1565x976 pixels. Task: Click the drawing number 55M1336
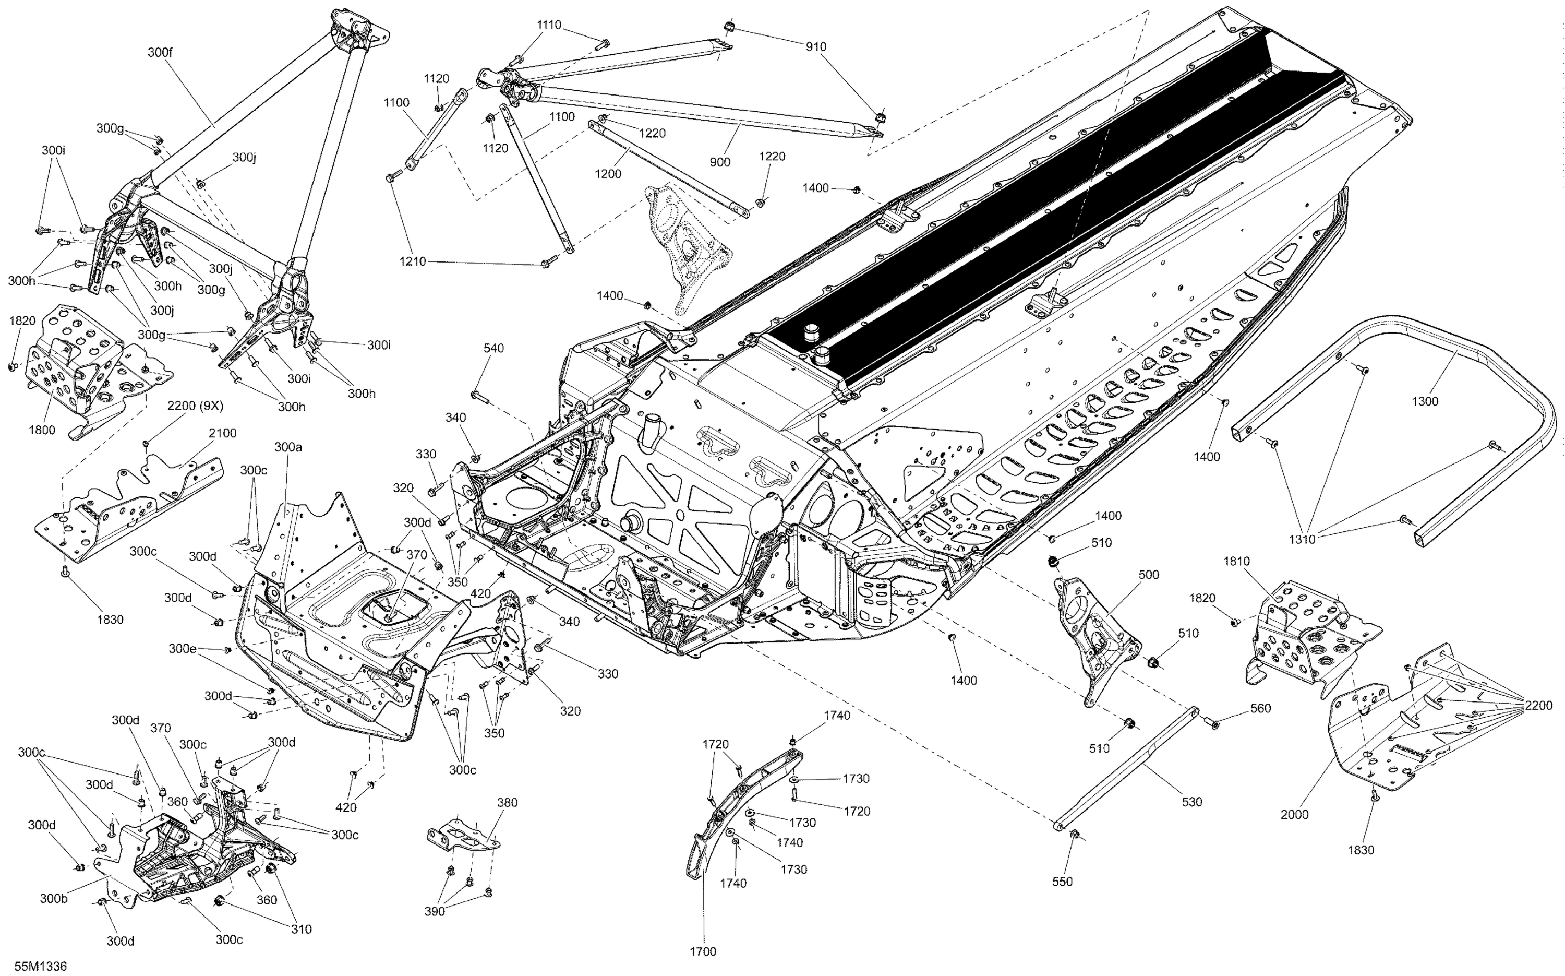[x=41, y=966]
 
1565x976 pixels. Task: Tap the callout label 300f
[x=160, y=53]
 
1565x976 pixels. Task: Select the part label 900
[x=720, y=162]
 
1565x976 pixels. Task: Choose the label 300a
[x=288, y=447]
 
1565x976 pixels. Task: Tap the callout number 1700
[x=703, y=951]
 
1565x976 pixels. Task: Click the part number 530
[x=1192, y=802]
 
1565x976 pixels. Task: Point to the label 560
[x=1260, y=708]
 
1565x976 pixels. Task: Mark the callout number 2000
[x=1295, y=815]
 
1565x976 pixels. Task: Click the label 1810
[x=1237, y=562]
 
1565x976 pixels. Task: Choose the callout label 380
[x=508, y=803]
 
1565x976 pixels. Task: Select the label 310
[x=301, y=930]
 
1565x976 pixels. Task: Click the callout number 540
[x=493, y=349]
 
